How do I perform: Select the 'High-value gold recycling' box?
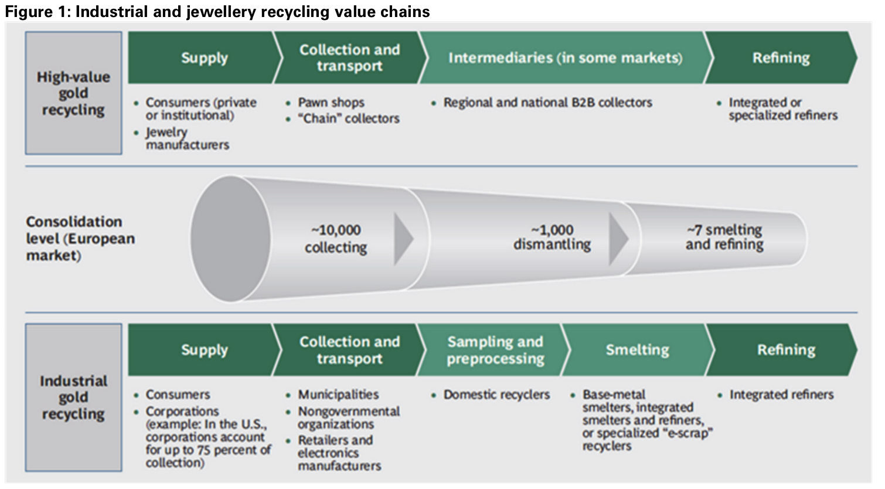pyautogui.click(x=73, y=93)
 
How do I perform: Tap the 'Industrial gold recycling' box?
pyautogui.click(x=73, y=398)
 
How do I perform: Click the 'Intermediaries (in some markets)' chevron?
pyautogui.click(x=565, y=57)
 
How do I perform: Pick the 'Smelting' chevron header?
pyautogui.click(x=638, y=350)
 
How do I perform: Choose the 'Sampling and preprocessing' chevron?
pyautogui.click(x=495, y=350)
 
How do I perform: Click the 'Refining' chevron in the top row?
pyautogui.click(x=781, y=57)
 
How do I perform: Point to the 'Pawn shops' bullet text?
pyautogui.click(x=331, y=103)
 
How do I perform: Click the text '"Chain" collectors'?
pyautogui.click(x=349, y=118)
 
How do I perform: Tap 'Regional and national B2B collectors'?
pyautogui.click(x=547, y=103)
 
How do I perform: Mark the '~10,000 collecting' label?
pyautogui.click(x=336, y=239)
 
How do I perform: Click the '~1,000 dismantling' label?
pyautogui.click(x=552, y=237)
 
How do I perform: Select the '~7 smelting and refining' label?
pyautogui.click(x=724, y=237)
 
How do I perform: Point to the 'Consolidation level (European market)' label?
pyautogui.click(x=80, y=239)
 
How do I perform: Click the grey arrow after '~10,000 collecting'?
pyautogui.click(x=403, y=239)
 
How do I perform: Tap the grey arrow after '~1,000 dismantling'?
pyautogui.click(x=618, y=239)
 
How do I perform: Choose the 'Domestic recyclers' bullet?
pyautogui.click(x=496, y=395)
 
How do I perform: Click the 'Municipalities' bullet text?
pyautogui.click(x=338, y=395)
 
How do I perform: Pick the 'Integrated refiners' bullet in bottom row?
pyautogui.click(x=781, y=395)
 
